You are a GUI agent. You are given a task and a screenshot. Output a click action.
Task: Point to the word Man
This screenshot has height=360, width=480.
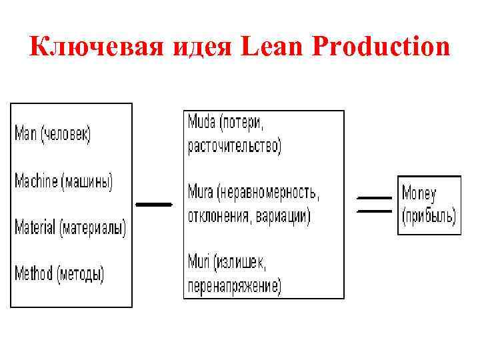(x=26, y=134)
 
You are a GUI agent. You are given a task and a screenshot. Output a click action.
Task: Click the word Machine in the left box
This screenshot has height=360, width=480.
(x=36, y=181)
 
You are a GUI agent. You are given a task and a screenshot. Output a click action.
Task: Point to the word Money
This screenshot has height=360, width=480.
(x=419, y=194)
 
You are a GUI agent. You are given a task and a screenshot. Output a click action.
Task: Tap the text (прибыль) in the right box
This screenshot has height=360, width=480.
(x=429, y=216)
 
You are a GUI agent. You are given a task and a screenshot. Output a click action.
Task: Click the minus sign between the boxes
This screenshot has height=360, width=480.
(x=153, y=205)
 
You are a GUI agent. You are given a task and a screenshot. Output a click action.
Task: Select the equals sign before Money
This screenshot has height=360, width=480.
(x=375, y=204)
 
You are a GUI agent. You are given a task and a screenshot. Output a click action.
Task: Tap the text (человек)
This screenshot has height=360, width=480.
(x=66, y=134)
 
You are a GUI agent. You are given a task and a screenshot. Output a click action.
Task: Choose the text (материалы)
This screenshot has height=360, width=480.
(x=93, y=227)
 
